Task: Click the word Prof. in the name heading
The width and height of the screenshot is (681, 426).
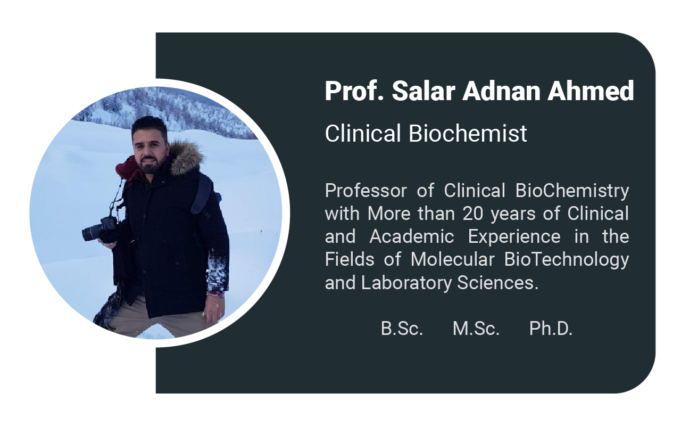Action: [x=354, y=91]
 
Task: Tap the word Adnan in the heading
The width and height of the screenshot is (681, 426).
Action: [x=501, y=91]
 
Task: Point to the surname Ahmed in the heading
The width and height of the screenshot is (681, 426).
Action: [x=591, y=91]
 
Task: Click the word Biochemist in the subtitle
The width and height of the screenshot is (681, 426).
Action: [x=468, y=133]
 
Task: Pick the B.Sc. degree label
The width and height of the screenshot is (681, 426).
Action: [x=402, y=329]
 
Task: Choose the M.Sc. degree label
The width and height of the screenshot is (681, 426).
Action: [x=476, y=329]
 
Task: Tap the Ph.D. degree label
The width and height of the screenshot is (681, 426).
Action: [x=551, y=329]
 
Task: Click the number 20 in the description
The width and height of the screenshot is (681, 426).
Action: [x=473, y=214]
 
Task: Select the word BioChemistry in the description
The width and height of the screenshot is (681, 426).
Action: [x=572, y=191]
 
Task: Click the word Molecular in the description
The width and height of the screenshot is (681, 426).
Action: [x=453, y=259]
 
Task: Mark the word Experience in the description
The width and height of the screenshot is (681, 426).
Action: [x=514, y=237]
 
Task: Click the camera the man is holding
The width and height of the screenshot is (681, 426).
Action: [x=99, y=229]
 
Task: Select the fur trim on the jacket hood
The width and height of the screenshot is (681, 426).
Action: [x=187, y=158]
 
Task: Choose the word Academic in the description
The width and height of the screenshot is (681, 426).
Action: [x=412, y=237]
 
